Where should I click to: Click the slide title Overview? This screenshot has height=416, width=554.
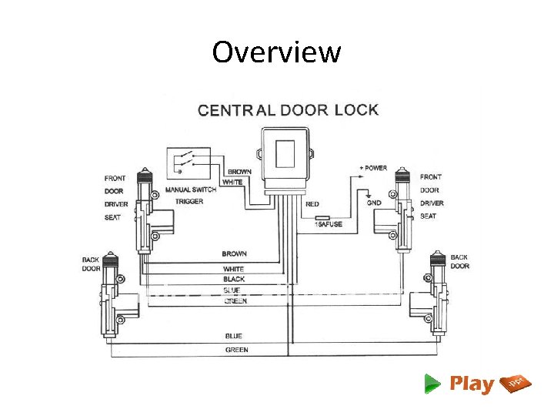[276, 52]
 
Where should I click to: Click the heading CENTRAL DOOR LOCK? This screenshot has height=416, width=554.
[288, 109]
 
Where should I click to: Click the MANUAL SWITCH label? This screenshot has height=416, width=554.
[191, 190]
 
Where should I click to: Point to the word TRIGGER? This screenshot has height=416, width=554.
[189, 201]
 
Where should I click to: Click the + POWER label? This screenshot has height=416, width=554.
[373, 168]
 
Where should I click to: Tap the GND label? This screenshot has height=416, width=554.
[374, 203]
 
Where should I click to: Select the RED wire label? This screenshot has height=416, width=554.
[312, 204]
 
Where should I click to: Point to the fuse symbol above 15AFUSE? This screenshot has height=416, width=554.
[322, 217]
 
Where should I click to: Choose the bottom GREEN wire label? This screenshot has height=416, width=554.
[236, 350]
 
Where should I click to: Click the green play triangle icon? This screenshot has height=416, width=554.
[432, 383]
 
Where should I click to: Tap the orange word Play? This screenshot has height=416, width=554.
[471, 384]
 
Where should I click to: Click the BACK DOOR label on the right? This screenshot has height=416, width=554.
[459, 262]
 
